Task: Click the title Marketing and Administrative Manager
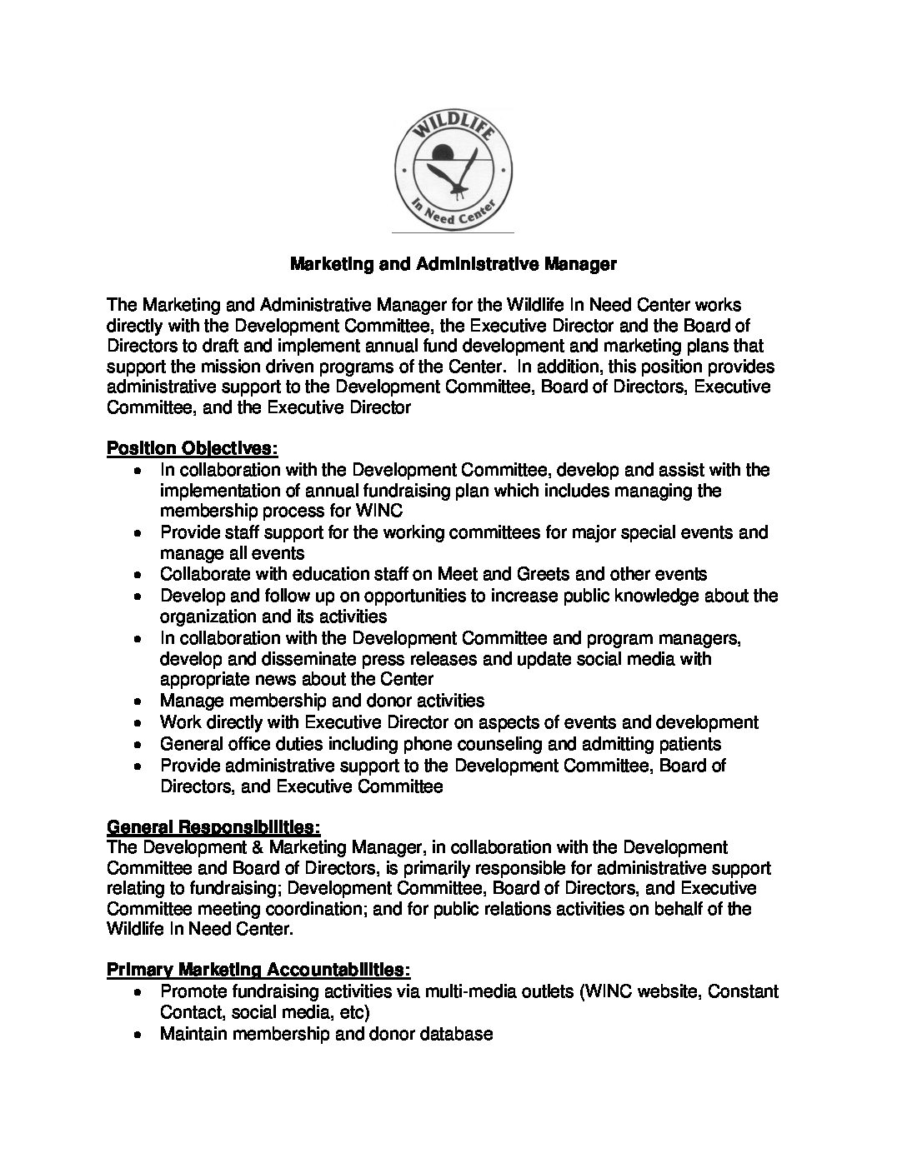(x=453, y=265)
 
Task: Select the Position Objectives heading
(x=192, y=449)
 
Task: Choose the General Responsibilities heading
(x=213, y=827)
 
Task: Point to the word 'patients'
(x=689, y=743)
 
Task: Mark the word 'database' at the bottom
(x=457, y=1034)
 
